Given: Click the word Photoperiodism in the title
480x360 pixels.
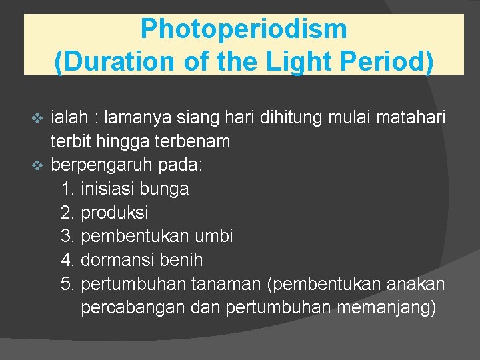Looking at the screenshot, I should pyautogui.click(x=243, y=30).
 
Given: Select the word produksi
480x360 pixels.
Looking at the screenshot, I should pyautogui.click(x=114, y=213).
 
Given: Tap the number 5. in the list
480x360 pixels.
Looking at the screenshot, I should pyautogui.click(x=67, y=283).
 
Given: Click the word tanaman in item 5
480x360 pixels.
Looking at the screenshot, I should pyautogui.click(x=226, y=283).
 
